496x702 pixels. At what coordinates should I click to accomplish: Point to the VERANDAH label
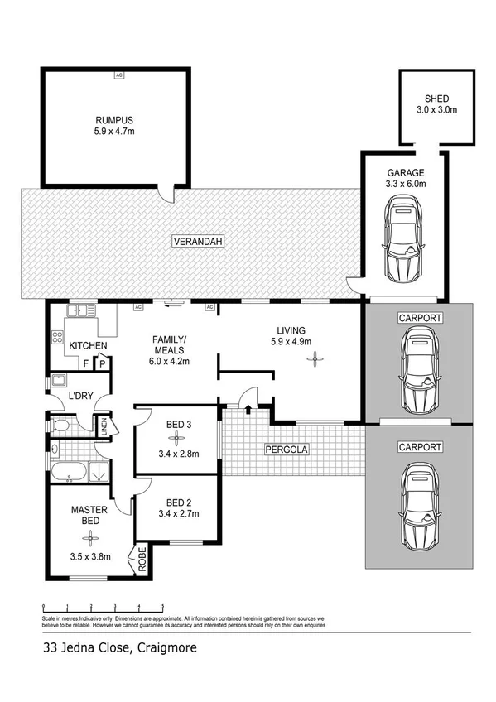point(199,242)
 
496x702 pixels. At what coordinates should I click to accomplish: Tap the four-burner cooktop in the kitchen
point(58,338)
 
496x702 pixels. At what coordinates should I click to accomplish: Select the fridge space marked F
point(85,363)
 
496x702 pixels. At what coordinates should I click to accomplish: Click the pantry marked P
point(103,363)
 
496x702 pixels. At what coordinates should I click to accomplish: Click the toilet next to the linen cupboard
point(61,426)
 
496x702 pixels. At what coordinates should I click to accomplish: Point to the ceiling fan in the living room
point(314,358)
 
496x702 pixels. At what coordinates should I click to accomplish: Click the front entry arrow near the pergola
point(249,406)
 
